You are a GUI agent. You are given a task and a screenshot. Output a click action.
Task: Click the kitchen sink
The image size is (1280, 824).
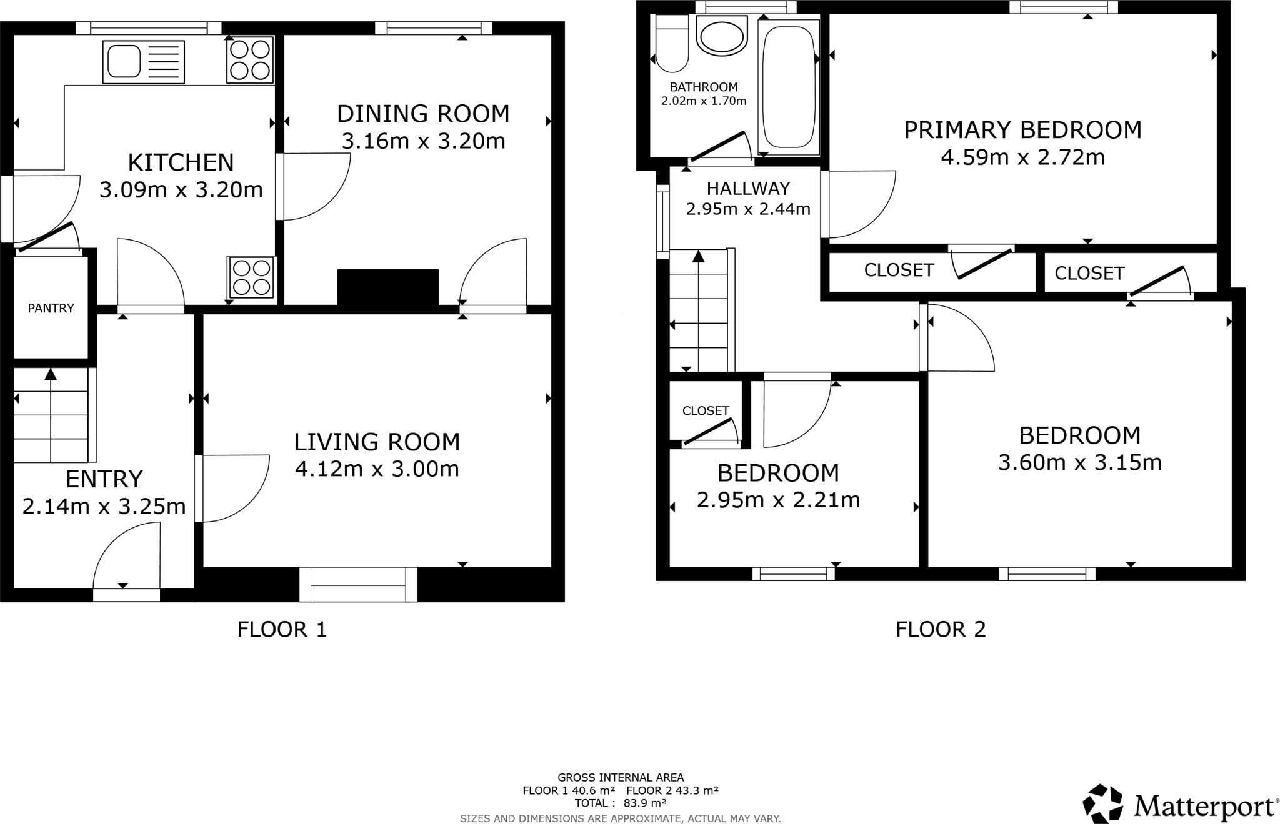(144, 62)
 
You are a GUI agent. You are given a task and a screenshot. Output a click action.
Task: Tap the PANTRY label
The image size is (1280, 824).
(51, 308)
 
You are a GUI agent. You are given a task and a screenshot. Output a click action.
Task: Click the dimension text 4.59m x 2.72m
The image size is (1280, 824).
(1022, 157)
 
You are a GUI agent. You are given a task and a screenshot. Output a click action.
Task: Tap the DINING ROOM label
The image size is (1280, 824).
(423, 114)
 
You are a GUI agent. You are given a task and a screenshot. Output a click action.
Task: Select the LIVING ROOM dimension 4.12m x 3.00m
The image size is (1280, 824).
(377, 469)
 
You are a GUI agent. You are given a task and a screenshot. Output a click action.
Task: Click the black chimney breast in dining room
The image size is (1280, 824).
(388, 287)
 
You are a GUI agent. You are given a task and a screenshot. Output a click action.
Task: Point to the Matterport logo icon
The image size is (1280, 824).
(1102, 803)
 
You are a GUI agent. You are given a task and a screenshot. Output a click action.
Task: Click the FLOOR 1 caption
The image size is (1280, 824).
(282, 629)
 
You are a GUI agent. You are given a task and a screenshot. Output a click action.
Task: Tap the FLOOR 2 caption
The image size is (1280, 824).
(940, 629)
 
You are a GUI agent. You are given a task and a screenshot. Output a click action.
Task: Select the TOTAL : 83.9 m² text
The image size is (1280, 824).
(620, 803)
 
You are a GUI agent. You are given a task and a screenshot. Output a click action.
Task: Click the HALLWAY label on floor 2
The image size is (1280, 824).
(748, 188)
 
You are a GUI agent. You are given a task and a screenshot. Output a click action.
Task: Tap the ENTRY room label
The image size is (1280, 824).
(104, 479)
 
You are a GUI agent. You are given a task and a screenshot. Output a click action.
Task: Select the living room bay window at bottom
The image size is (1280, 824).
(358, 585)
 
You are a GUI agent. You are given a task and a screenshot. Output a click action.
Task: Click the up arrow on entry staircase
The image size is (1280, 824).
(51, 375)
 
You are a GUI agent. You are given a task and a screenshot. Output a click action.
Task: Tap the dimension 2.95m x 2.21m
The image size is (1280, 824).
(778, 500)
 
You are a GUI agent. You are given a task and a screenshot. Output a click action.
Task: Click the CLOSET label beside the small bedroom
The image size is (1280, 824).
(706, 410)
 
